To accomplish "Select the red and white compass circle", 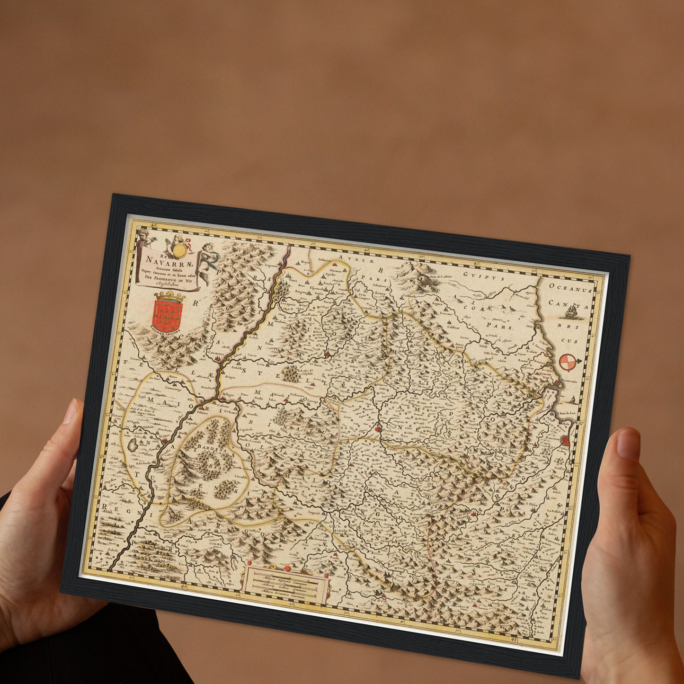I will coord(568,362).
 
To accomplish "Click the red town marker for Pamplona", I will coord(378,430).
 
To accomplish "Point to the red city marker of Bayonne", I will coord(565,441).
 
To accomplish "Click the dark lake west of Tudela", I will coord(133,445).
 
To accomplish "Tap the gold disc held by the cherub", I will coord(179,249).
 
